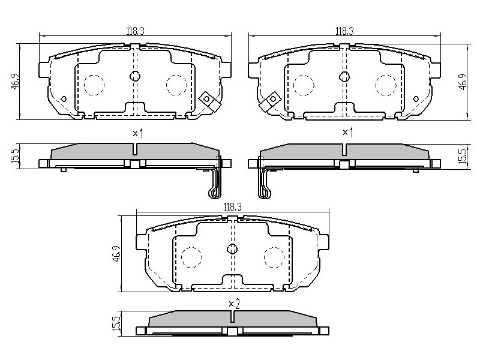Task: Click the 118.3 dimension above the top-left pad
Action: pyautogui.click(x=135, y=31)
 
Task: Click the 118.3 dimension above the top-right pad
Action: pyautogui.click(x=344, y=31)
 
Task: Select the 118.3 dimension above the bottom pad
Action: pyautogui.click(x=232, y=207)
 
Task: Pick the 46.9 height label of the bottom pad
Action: pyautogui.click(x=116, y=254)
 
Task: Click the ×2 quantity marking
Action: pyautogui.click(x=234, y=304)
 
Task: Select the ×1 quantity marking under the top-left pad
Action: pyautogui.click(x=138, y=133)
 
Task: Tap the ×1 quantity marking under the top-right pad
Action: pyautogui.click(x=347, y=133)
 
